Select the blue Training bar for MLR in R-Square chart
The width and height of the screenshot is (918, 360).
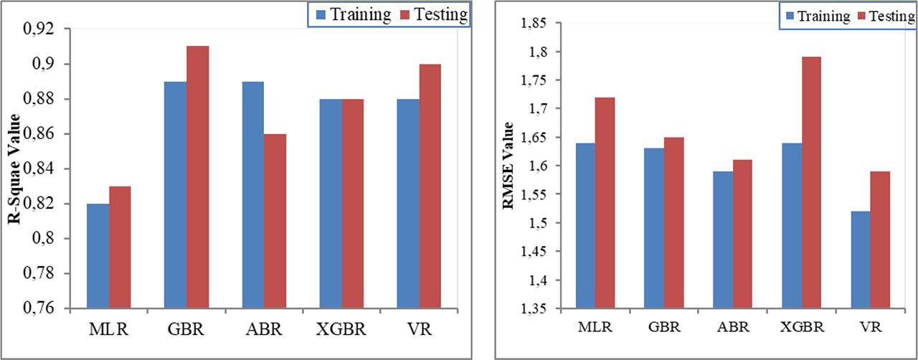click(x=98, y=256)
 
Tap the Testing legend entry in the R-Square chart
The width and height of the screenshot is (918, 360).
click(x=433, y=14)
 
